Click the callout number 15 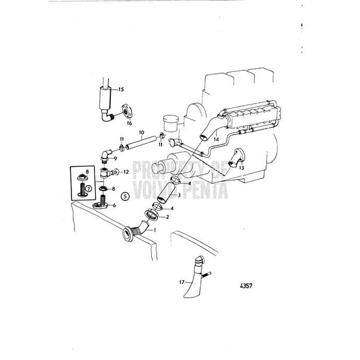[x=121, y=90]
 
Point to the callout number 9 [x=115, y=159]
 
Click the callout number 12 [x=127, y=171]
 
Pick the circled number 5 [x=125, y=196]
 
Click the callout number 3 [x=178, y=195]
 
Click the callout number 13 [x=241, y=168]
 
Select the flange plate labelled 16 [x=123, y=111]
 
